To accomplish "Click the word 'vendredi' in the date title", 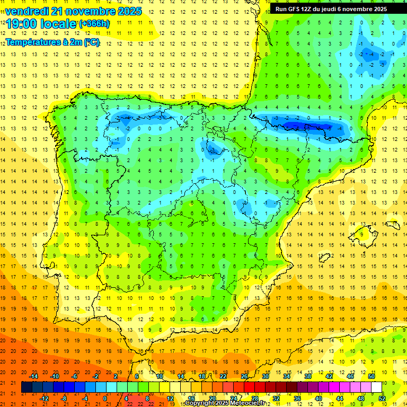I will pos(24,11).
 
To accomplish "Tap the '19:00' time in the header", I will pos(22,23).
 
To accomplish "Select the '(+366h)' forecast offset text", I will pos(94,23).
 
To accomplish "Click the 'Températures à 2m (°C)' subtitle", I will pos(52,42).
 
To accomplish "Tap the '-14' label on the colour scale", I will pos(33,376).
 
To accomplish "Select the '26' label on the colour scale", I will pos(244,376).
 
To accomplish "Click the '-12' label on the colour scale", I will pos(44,399).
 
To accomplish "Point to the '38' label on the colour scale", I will pos(308,376).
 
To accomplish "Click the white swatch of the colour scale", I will pos(377,387).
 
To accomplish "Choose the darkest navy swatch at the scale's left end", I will pos(26,387).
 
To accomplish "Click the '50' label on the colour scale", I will pos(371,376).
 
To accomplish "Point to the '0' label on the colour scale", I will pos(105,399).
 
